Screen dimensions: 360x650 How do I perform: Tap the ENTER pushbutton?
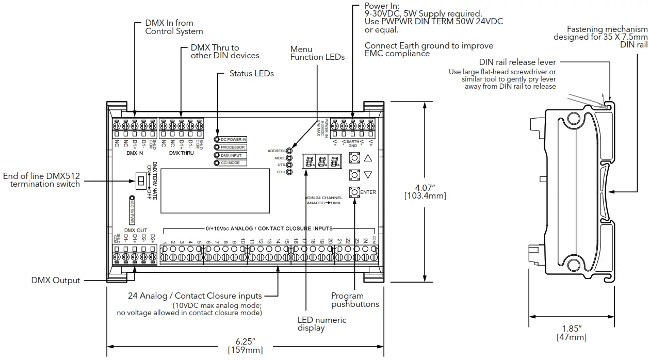(354, 192)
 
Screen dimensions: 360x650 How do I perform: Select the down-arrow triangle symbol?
(367, 175)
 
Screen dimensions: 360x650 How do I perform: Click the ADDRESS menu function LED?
(289, 151)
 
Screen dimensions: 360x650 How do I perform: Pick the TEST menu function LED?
(289, 172)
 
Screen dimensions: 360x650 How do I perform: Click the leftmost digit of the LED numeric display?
(309, 161)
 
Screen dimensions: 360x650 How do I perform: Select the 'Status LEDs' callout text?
(251, 74)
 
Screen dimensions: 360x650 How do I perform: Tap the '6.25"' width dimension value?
(245, 341)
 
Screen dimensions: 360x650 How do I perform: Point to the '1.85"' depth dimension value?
(572, 329)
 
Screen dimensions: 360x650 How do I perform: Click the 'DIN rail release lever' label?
(517, 62)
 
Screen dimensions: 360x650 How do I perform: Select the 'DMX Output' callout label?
(56, 281)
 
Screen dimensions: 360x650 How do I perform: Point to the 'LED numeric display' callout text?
(321, 324)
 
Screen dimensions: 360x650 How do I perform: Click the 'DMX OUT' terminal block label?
(136, 231)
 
